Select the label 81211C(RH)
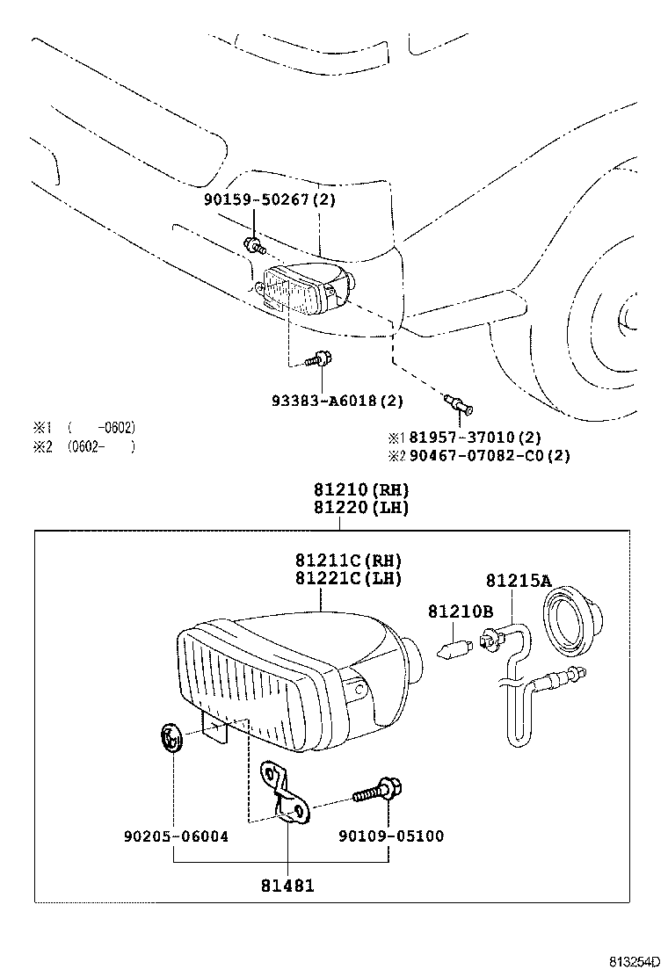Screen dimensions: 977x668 348,561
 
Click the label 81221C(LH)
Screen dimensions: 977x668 348,578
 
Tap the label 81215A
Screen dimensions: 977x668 519,580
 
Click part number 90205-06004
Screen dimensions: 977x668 176,836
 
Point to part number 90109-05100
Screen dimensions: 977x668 390,836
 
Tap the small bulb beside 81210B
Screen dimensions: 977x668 454,648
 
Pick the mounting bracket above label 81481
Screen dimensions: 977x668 287,794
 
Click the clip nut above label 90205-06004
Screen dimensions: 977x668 172,738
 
